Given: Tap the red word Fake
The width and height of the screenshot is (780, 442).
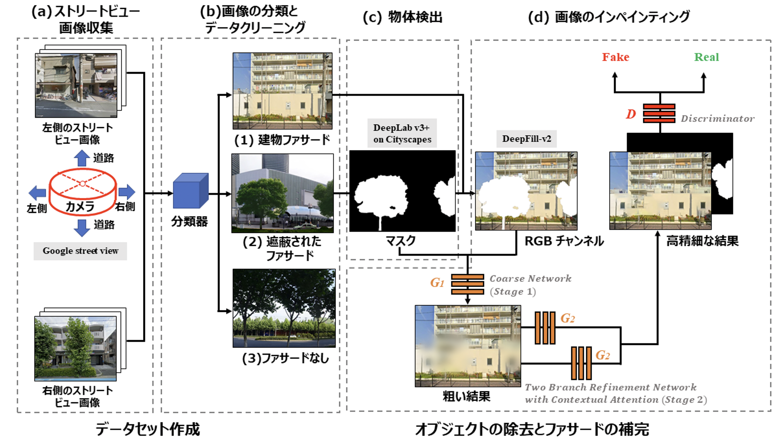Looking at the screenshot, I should point(616,57).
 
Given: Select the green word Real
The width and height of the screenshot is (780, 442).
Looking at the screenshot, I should point(706,57).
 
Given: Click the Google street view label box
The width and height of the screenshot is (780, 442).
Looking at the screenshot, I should point(80,251).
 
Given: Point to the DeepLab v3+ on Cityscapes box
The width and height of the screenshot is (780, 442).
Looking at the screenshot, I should point(402,133).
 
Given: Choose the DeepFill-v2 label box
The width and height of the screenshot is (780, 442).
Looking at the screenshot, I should point(526,139).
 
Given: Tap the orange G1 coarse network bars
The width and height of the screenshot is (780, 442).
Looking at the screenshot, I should point(467,284).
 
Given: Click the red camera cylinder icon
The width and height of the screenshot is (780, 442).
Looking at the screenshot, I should point(82,191).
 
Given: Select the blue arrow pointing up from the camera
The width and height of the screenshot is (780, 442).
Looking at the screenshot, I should point(82,158).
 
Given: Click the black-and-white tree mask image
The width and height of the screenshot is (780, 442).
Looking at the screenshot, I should point(402,191).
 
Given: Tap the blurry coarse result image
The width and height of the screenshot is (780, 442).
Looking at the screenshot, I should point(467,346).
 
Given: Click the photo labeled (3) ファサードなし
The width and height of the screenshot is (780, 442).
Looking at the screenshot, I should point(284,308).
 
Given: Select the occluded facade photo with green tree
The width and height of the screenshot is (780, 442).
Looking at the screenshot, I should point(282,193).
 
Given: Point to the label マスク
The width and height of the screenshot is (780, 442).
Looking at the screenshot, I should point(400,241).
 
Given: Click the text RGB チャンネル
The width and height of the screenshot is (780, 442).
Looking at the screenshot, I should point(564,241).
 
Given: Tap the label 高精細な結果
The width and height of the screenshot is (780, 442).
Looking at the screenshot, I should point(702,241).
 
